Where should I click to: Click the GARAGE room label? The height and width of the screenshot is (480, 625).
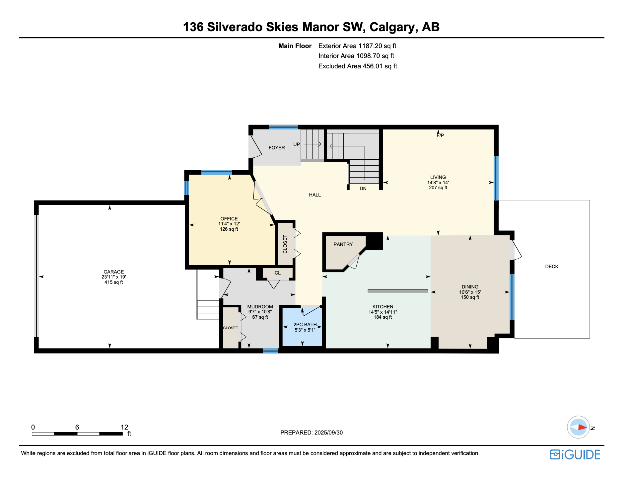point(114,272)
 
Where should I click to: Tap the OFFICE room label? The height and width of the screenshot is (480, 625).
point(229,219)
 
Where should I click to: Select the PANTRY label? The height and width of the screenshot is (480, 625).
point(343,244)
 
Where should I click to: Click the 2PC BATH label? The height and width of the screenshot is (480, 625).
point(305,325)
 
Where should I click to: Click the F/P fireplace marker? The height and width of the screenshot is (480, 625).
point(440,135)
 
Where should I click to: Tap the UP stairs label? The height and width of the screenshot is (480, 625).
point(297,144)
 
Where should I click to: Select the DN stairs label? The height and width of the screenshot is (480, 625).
point(363,189)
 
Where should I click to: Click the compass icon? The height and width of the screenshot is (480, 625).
point(579,427)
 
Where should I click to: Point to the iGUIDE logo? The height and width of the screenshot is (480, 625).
point(575,454)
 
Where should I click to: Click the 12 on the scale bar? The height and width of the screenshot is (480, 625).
point(124,427)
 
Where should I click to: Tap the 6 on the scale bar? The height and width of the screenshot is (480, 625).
point(77,427)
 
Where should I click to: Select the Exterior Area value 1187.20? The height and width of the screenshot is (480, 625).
point(370,46)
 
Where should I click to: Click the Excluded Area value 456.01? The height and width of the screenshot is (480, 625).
point(373,66)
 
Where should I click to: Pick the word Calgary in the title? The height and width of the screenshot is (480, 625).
point(394,27)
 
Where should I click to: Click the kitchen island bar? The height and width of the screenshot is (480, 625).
point(398,291)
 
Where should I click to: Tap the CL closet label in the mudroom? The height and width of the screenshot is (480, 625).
point(278,273)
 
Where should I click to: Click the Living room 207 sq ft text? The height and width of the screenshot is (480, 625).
point(438,188)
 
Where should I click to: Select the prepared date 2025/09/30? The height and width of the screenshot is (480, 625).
point(329,433)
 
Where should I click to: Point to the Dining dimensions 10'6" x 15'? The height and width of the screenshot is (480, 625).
point(470,292)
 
